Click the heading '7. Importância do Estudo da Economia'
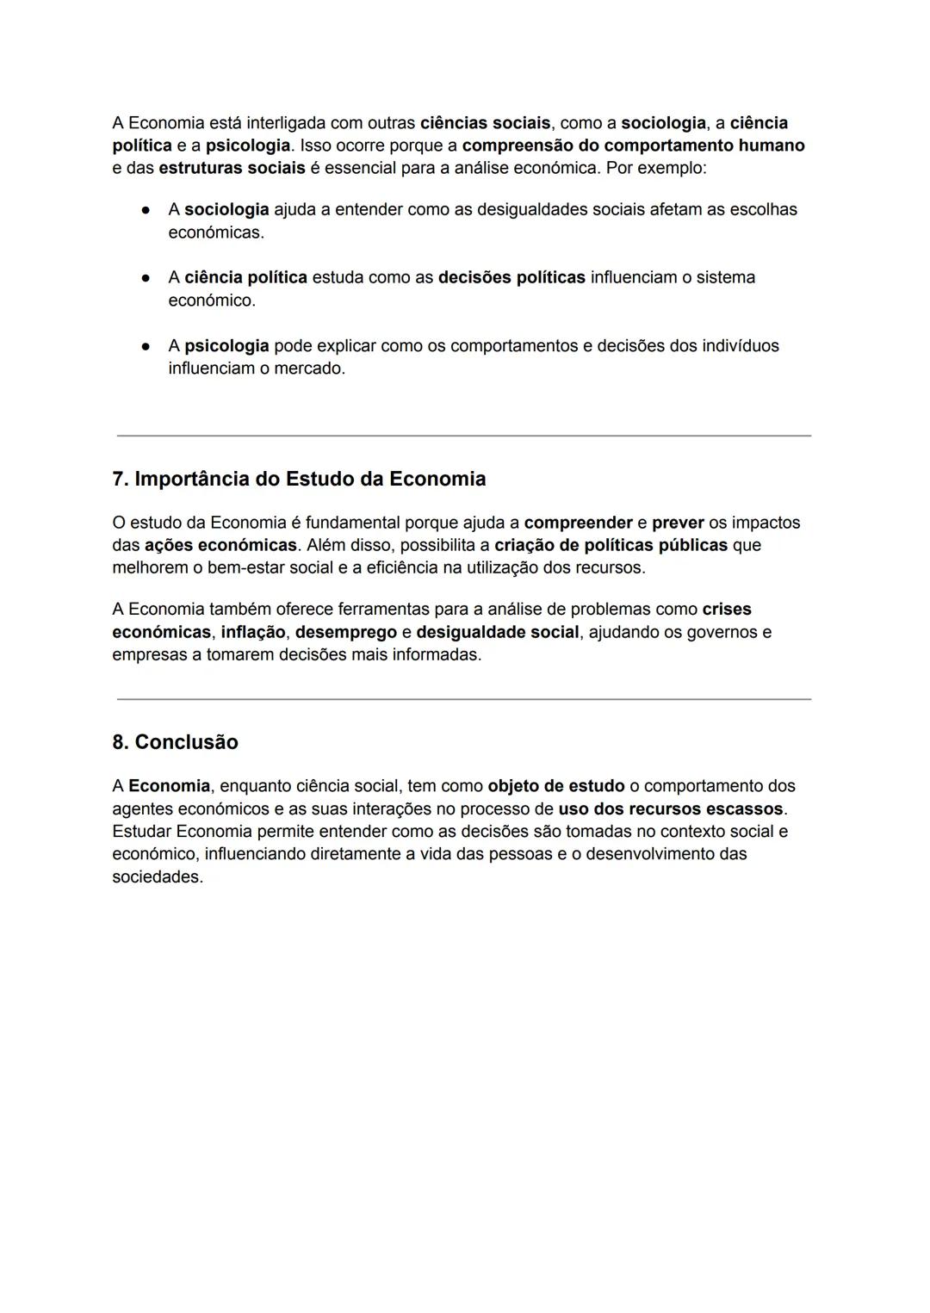[299, 480]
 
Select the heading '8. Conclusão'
[175, 742]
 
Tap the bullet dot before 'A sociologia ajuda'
[146, 209]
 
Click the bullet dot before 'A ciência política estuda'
[146, 277]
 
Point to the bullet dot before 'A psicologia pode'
[146, 346]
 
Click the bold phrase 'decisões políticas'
[512, 277]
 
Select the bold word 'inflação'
[253, 632]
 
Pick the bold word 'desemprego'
[346, 632]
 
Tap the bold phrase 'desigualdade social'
[498, 632]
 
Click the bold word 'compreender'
[578, 523]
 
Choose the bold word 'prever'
[678, 523]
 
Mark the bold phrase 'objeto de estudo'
[556, 786]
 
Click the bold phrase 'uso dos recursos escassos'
[671, 809]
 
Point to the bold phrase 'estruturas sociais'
[232, 168]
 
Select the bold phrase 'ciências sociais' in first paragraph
[485, 123]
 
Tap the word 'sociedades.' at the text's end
[158, 877]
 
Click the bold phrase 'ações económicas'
[220, 545]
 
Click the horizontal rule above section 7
[464, 436]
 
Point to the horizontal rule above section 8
[464, 699]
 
